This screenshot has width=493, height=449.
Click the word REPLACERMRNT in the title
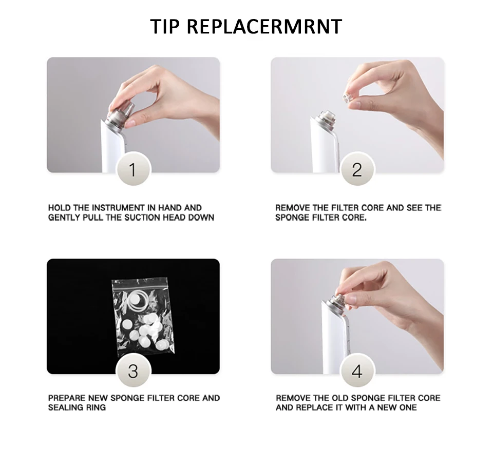click(264, 26)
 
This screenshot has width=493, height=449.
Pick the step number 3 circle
click(134, 371)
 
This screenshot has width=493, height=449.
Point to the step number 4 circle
click(357, 371)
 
